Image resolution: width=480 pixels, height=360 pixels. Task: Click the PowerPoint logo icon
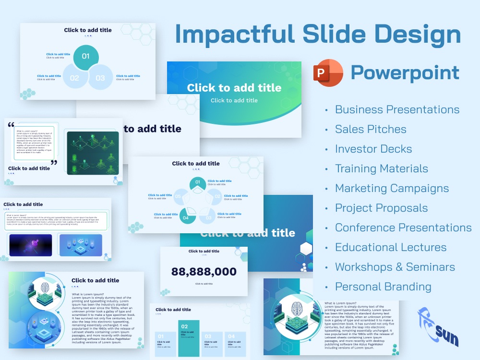click(328, 73)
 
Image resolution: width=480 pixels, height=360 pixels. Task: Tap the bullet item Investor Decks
click(373, 149)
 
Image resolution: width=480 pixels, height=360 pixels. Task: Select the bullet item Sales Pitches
click(370, 129)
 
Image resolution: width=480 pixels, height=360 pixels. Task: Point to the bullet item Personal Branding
click(383, 287)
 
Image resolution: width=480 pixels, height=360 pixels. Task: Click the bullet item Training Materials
click(381, 168)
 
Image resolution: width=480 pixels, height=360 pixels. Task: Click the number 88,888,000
click(204, 272)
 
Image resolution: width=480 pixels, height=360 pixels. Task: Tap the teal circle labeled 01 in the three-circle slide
click(86, 57)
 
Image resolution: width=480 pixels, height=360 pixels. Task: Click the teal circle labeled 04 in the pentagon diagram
click(186, 217)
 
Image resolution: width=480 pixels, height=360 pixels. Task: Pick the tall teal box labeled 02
click(189, 338)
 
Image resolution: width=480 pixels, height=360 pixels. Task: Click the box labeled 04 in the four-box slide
click(235, 344)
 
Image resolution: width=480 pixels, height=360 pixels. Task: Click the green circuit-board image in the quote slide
click(93, 153)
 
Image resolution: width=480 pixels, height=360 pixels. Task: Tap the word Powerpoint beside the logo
click(405, 73)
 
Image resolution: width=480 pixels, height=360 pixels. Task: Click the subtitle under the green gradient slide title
click(234, 100)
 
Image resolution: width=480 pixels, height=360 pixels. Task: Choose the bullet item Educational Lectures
click(390, 247)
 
